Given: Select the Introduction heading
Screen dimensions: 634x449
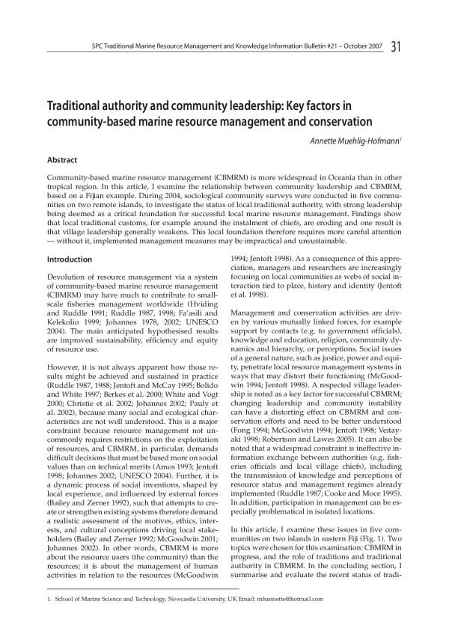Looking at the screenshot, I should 70,259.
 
